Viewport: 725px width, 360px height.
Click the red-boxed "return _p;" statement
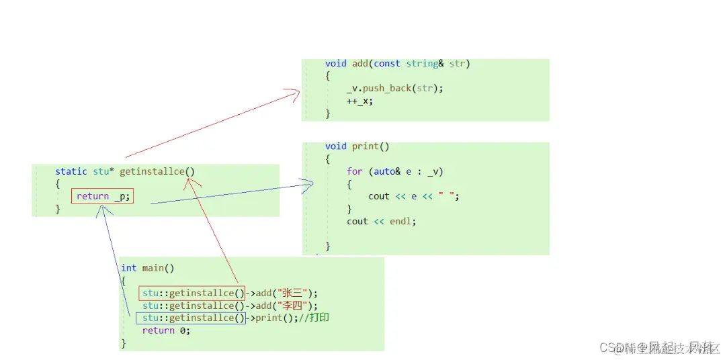point(102,196)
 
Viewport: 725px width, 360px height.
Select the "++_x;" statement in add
point(359,101)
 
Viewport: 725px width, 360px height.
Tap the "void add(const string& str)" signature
point(397,64)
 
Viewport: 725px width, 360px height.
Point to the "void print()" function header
point(357,146)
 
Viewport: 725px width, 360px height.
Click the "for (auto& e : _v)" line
point(395,171)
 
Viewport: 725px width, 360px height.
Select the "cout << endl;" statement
point(381,221)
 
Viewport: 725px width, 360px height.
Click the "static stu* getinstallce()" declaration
point(125,172)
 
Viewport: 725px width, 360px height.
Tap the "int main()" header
point(147,268)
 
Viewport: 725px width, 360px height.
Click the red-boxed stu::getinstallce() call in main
point(191,293)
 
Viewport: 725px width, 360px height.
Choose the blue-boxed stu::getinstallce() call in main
point(191,318)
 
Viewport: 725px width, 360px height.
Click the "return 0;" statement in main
point(166,330)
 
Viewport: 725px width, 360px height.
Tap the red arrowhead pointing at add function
point(294,93)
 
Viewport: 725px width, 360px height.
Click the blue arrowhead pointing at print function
point(308,183)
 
